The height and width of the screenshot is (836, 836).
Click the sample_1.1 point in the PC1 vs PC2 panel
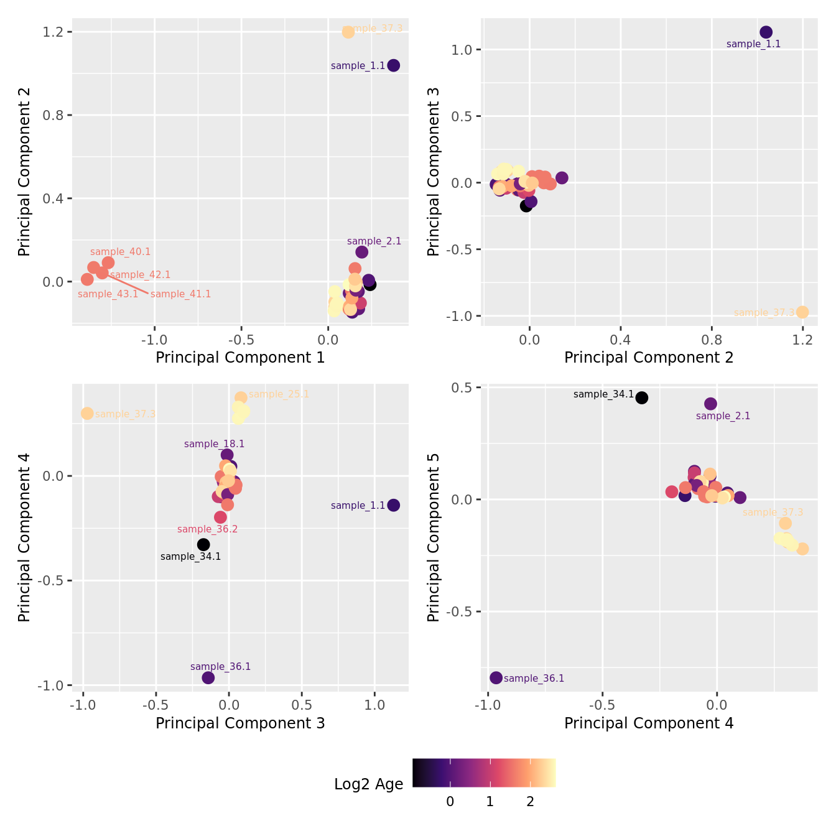(x=393, y=65)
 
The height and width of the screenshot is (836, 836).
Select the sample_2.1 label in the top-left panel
(x=374, y=241)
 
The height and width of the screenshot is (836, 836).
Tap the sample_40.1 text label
(x=120, y=252)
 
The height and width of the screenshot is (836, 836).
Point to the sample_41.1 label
(x=180, y=294)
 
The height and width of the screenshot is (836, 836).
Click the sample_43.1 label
(x=108, y=294)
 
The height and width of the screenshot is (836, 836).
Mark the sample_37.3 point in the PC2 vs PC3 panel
(x=802, y=312)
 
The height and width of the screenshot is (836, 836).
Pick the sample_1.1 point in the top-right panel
(x=766, y=32)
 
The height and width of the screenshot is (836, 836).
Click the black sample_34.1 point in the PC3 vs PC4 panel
(x=203, y=544)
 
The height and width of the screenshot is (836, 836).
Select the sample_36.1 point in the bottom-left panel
(x=208, y=677)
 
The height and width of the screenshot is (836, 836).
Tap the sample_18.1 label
(x=214, y=444)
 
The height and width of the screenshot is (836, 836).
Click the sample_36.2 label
(x=207, y=529)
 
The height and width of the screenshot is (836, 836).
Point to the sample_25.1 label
(x=279, y=394)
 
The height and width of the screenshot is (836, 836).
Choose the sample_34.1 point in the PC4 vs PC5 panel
(x=641, y=397)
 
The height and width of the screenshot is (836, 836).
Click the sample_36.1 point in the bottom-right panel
(x=496, y=677)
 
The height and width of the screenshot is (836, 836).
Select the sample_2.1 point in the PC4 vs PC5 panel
(x=710, y=404)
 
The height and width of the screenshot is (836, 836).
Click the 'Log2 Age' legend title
(x=368, y=784)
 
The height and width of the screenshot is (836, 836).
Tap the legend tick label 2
(x=530, y=802)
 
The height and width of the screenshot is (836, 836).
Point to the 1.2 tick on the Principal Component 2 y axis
(x=54, y=32)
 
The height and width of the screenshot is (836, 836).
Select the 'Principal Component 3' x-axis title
(x=240, y=723)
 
